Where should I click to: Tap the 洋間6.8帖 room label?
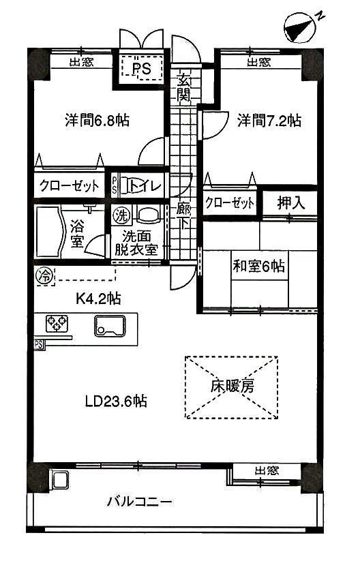tap(97, 121)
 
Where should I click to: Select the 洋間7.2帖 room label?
tap(269, 121)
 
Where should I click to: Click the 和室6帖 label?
tap(259, 267)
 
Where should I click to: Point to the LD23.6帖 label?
tap(116, 401)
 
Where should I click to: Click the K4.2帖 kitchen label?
tap(98, 299)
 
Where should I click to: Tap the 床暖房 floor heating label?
tap(232, 386)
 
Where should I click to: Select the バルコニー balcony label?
tap(140, 502)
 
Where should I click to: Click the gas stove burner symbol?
tap(57, 322)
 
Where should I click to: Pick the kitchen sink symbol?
tap(110, 326)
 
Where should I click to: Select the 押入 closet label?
tap(290, 203)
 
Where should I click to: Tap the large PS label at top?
tap(141, 68)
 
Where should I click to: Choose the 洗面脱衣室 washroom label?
tap(136, 243)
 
